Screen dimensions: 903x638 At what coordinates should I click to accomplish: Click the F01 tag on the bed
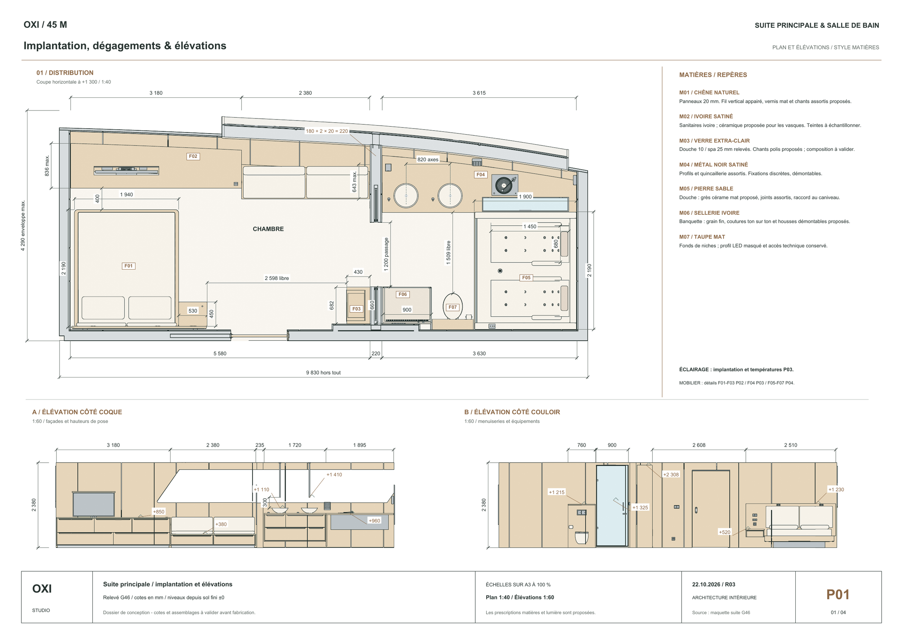(129, 266)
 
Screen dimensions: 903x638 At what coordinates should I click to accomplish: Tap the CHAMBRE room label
(268, 229)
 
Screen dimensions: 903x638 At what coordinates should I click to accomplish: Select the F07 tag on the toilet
(453, 307)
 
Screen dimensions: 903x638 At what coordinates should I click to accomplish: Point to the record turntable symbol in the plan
(505, 185)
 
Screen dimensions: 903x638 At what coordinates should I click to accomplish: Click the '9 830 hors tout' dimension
(323, 372)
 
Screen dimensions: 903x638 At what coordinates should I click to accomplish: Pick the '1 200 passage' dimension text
(386, 254)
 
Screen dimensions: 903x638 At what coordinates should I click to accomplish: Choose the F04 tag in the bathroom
(481, 174)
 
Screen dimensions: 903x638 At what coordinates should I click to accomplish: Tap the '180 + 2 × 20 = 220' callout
(327, 131)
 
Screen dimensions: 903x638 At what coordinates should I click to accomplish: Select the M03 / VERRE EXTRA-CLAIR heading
(714, 141)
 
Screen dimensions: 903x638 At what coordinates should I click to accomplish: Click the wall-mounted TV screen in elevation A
(94, 504)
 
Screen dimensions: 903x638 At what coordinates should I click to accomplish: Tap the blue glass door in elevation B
(611, 506)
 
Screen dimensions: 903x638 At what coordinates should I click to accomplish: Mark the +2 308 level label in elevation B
(671, 475)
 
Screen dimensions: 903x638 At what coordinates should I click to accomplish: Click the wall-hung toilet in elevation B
(582, 537)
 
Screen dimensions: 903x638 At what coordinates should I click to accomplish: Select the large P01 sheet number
(838, 594)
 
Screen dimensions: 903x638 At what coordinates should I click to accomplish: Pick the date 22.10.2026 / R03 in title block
(713, 584)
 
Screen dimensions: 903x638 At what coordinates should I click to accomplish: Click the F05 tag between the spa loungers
(526, 278)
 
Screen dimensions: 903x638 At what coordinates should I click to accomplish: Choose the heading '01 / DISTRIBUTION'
(65, 73)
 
